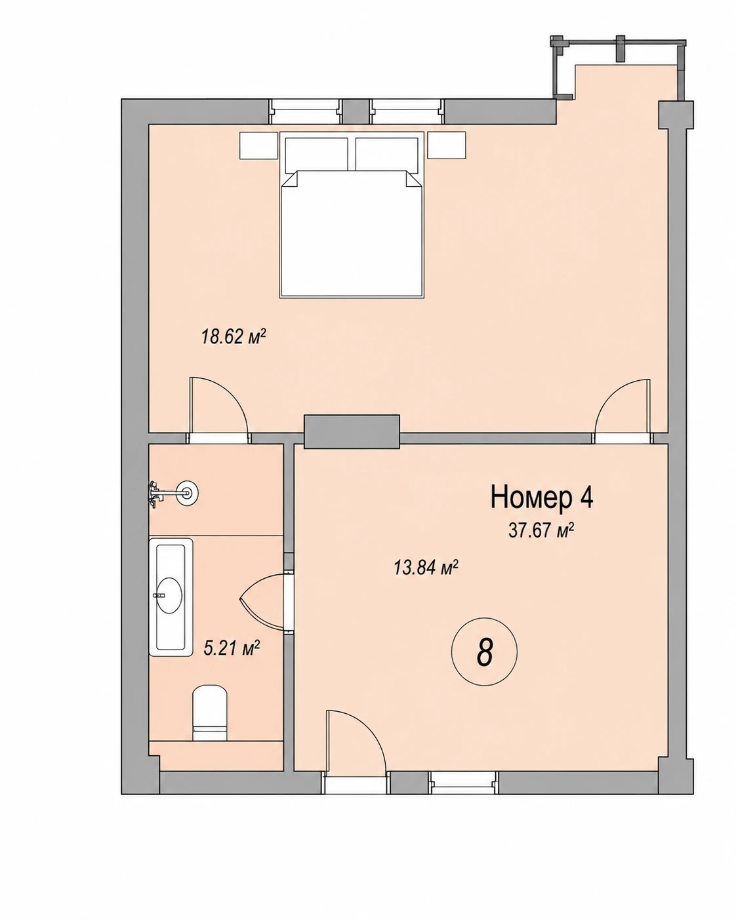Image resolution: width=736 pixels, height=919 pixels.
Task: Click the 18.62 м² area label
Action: point(234,337)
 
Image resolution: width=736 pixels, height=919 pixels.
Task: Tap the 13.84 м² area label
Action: point(426,568)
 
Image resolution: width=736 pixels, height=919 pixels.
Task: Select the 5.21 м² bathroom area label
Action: point(232,648)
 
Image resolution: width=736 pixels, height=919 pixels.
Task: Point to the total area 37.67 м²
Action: point(541,531)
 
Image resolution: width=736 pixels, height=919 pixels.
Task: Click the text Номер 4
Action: point(542,498)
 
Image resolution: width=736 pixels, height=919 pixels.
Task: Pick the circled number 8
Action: point(484,652)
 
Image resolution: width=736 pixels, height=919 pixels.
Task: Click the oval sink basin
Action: point(169,595)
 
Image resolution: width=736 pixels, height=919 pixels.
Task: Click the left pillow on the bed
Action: point(316,155)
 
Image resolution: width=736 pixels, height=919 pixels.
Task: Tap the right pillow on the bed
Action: point(387,155)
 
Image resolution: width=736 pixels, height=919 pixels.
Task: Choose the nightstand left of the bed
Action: point(258,146)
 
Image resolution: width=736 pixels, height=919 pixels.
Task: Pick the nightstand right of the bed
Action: point(447,146)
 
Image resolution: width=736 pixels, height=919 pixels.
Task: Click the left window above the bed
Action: point(306,112)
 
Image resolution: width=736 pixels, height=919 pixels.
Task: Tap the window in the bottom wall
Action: point(464,783)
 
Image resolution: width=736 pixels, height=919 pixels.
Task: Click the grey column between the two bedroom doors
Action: point(352,431)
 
